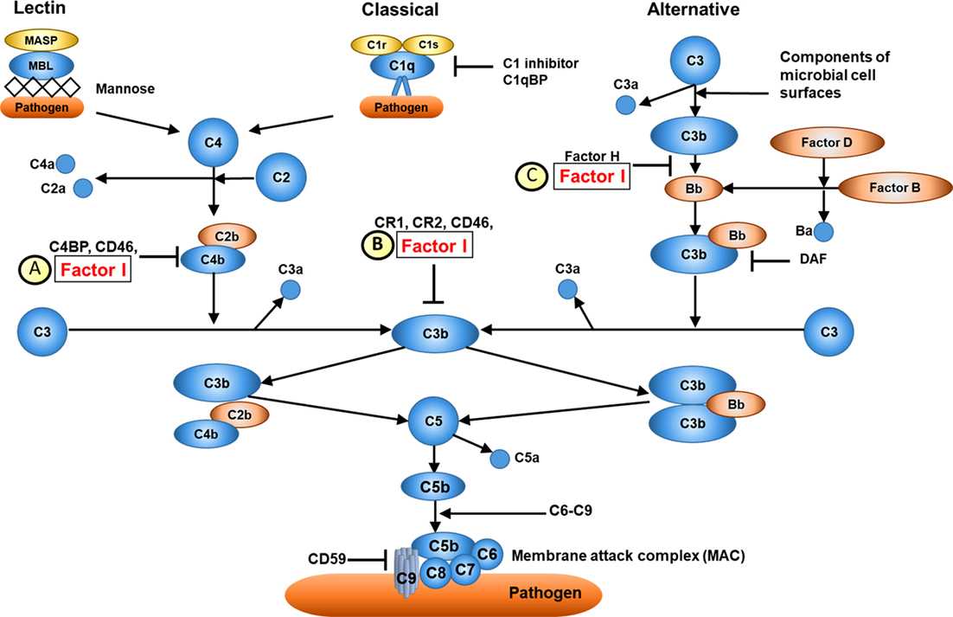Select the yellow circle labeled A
(34, 269)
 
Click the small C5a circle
(501, 459)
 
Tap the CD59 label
(327, 561)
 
